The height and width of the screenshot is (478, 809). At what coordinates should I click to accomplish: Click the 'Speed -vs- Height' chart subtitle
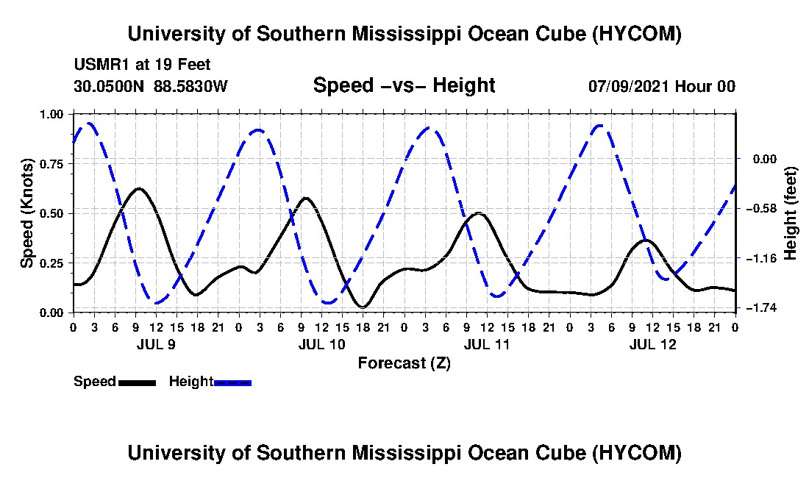coord(404,85)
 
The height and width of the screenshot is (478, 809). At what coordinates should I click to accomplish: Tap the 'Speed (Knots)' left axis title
coord(26,213)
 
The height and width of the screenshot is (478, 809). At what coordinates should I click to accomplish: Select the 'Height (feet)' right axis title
coord(790,213)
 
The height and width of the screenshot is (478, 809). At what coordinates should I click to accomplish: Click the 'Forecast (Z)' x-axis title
coord(404,363)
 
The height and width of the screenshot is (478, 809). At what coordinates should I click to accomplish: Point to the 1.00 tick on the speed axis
coord(51,114)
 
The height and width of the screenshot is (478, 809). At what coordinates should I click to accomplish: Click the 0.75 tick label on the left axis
coord(51,164)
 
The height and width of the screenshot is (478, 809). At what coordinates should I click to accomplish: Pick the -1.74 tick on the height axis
coord(765,308)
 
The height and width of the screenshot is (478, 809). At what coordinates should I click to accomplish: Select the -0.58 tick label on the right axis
coord(765,208)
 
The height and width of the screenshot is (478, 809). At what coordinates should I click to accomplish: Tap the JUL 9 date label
coord(156,344)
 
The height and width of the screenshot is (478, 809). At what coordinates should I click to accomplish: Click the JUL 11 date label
coord(487,344)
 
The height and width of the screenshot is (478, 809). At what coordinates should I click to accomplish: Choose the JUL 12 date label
coord(652,344)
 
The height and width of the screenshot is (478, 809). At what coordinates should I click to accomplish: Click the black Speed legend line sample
coord(137,382)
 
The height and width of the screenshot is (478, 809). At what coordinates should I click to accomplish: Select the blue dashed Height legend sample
coord(232,382)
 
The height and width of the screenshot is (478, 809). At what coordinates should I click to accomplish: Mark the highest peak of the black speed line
coord(138,188)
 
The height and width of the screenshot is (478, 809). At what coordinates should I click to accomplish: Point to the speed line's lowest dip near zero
coord(363,307)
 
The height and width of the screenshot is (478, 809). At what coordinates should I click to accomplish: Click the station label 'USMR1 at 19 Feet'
coord(143,65)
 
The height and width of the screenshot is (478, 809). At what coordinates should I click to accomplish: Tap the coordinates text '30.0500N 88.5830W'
coord(151,86)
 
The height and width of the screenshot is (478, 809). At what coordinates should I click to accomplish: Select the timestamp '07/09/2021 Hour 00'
coord(662,86)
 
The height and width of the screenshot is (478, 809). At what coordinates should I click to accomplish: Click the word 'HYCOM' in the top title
coord(636,34)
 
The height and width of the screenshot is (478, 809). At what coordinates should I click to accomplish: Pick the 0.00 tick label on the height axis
coord(765,159)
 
